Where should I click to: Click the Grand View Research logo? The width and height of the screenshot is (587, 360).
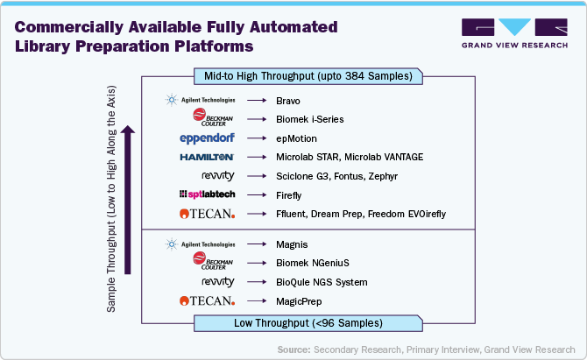(512, 32)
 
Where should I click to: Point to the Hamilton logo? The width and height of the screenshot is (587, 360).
(207, 157)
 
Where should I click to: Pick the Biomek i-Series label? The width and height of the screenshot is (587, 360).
(308, 119)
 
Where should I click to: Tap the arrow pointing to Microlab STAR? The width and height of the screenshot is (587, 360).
(257, 157)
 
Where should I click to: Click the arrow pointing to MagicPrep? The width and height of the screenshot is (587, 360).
(257, 301)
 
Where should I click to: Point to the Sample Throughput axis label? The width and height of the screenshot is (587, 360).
(111, 203)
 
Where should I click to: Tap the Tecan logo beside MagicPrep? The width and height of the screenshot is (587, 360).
(207, 301)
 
